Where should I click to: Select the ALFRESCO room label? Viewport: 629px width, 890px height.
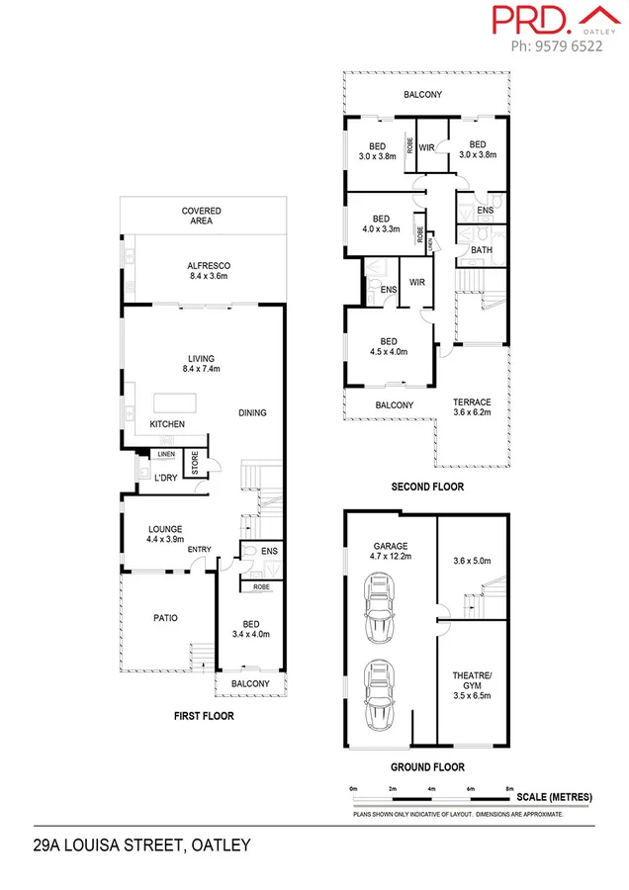click(x=208, y=271)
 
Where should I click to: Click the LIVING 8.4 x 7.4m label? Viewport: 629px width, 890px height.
click(x=202, y=364)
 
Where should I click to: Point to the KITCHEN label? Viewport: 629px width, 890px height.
click(x=167, y=424)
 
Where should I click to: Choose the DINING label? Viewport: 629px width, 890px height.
click(x=252, y=413)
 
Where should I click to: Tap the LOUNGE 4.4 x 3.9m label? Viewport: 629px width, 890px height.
click(x=164, y=535)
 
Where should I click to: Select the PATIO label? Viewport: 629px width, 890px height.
click(x=165, y=618)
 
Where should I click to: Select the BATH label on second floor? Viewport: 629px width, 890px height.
click(x=481, y=250)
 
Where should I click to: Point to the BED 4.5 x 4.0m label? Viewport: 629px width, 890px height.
click(x=390, y=346)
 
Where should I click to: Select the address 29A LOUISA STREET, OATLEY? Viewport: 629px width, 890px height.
click(x=142, y=845)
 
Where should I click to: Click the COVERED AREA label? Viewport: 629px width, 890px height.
click(x=201, y=217)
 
